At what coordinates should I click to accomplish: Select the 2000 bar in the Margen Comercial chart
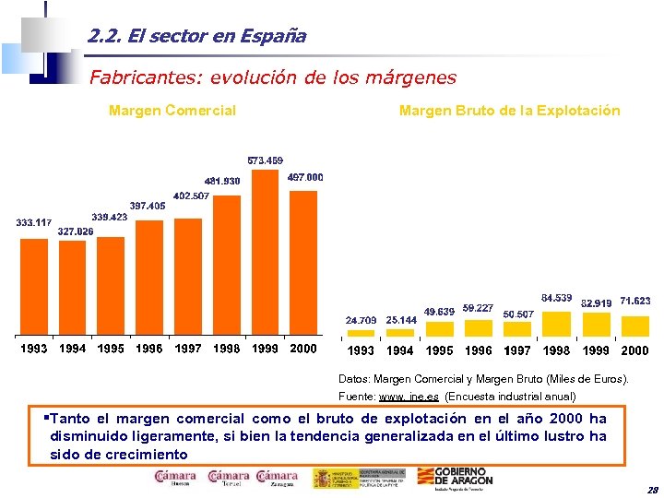point(303,263)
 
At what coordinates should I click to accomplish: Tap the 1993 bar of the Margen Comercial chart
point(34,287)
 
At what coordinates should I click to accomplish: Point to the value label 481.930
point(222,181)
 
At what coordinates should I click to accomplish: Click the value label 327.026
point(76,231)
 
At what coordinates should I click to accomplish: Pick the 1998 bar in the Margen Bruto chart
point(556,325)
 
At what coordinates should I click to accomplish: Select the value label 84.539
point(556,298)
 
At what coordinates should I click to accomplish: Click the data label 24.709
point(361,320)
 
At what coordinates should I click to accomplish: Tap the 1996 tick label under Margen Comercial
point(149,350)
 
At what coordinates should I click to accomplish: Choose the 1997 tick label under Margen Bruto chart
point(517,350)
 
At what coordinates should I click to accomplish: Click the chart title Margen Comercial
point(172,111)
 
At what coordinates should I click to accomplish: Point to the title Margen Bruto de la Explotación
point(509,111)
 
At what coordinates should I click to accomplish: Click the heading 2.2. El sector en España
point(197,37)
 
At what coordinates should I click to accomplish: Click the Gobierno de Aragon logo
point(465,477)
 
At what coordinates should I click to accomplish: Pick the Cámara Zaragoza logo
point(277,478)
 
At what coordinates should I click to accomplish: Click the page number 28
point(652,490)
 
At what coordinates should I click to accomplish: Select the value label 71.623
point(635,301)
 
